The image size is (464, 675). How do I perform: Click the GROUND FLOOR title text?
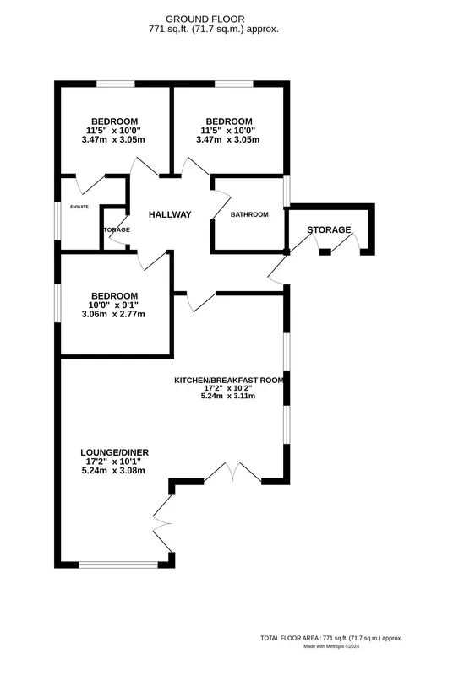(x=205, y=19)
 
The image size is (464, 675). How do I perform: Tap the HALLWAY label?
(x=170, y=214)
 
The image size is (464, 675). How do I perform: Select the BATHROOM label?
(x=249, y=214)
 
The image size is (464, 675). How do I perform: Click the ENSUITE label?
(x=79, y=207)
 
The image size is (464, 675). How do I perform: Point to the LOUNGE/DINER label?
(x=115, y=452)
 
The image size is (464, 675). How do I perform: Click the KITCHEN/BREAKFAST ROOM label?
(x=229, y=381)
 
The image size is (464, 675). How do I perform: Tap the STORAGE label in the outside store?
(x=329, y=229)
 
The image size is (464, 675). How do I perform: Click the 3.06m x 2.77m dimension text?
(x=113, y=314)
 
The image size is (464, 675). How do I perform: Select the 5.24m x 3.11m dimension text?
(x=228, y=396)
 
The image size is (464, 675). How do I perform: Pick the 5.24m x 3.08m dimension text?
(x=113, y=471)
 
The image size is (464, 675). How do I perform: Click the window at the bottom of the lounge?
(x=118, y=564)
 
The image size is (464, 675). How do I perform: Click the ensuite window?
(x=57, y=221)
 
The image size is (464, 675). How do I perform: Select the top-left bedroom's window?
(x=115, y=84)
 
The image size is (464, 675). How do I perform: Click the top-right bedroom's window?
(x=234, y=84)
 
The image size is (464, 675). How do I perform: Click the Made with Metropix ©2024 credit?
(x=331, y=646)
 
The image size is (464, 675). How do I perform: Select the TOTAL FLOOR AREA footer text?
(x=331, y=638)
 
